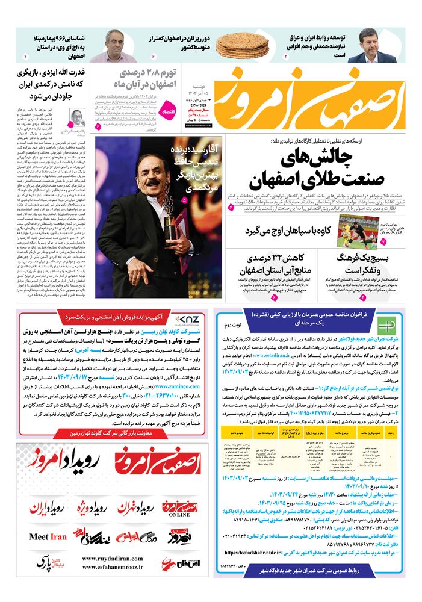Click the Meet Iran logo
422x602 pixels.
pos(48,536)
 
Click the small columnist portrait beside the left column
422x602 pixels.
pos(78,116)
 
